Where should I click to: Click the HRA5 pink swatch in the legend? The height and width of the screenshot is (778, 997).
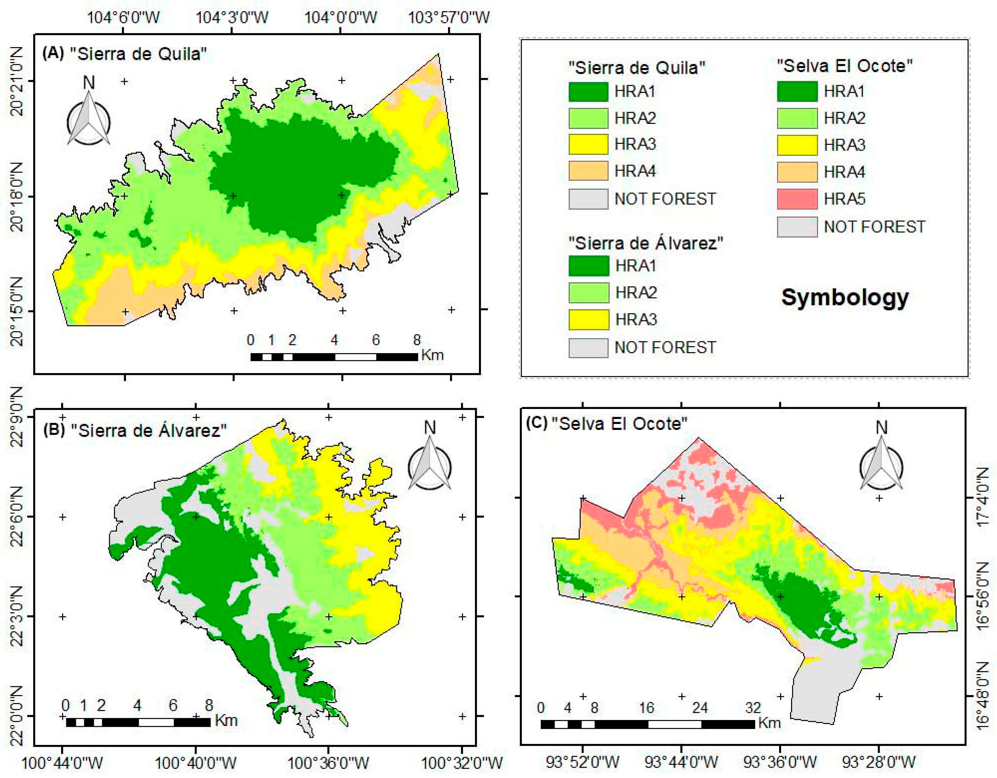coord(797,199)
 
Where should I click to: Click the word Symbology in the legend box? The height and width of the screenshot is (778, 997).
coord(844,298)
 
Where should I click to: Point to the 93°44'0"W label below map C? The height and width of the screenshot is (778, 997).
coord(681,761)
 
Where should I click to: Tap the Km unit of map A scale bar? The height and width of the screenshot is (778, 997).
coord(432,355)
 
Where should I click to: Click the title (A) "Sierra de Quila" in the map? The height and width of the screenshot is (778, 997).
coord(124,54)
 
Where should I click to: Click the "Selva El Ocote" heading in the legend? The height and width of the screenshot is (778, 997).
coord(844,66)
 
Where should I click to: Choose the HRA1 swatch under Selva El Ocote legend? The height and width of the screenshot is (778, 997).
coord(797,92)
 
